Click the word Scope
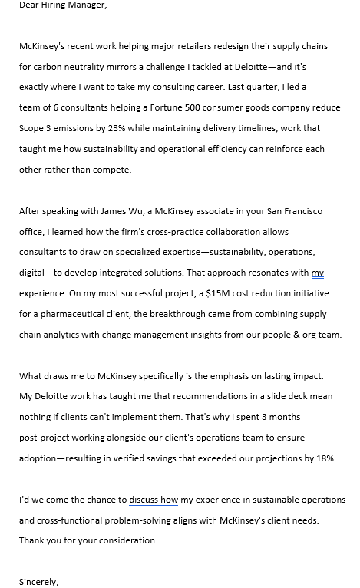tap(31, 128)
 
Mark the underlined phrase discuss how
tap(154, 500)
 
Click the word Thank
tap(32, 540)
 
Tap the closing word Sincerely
tap(38, 582)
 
